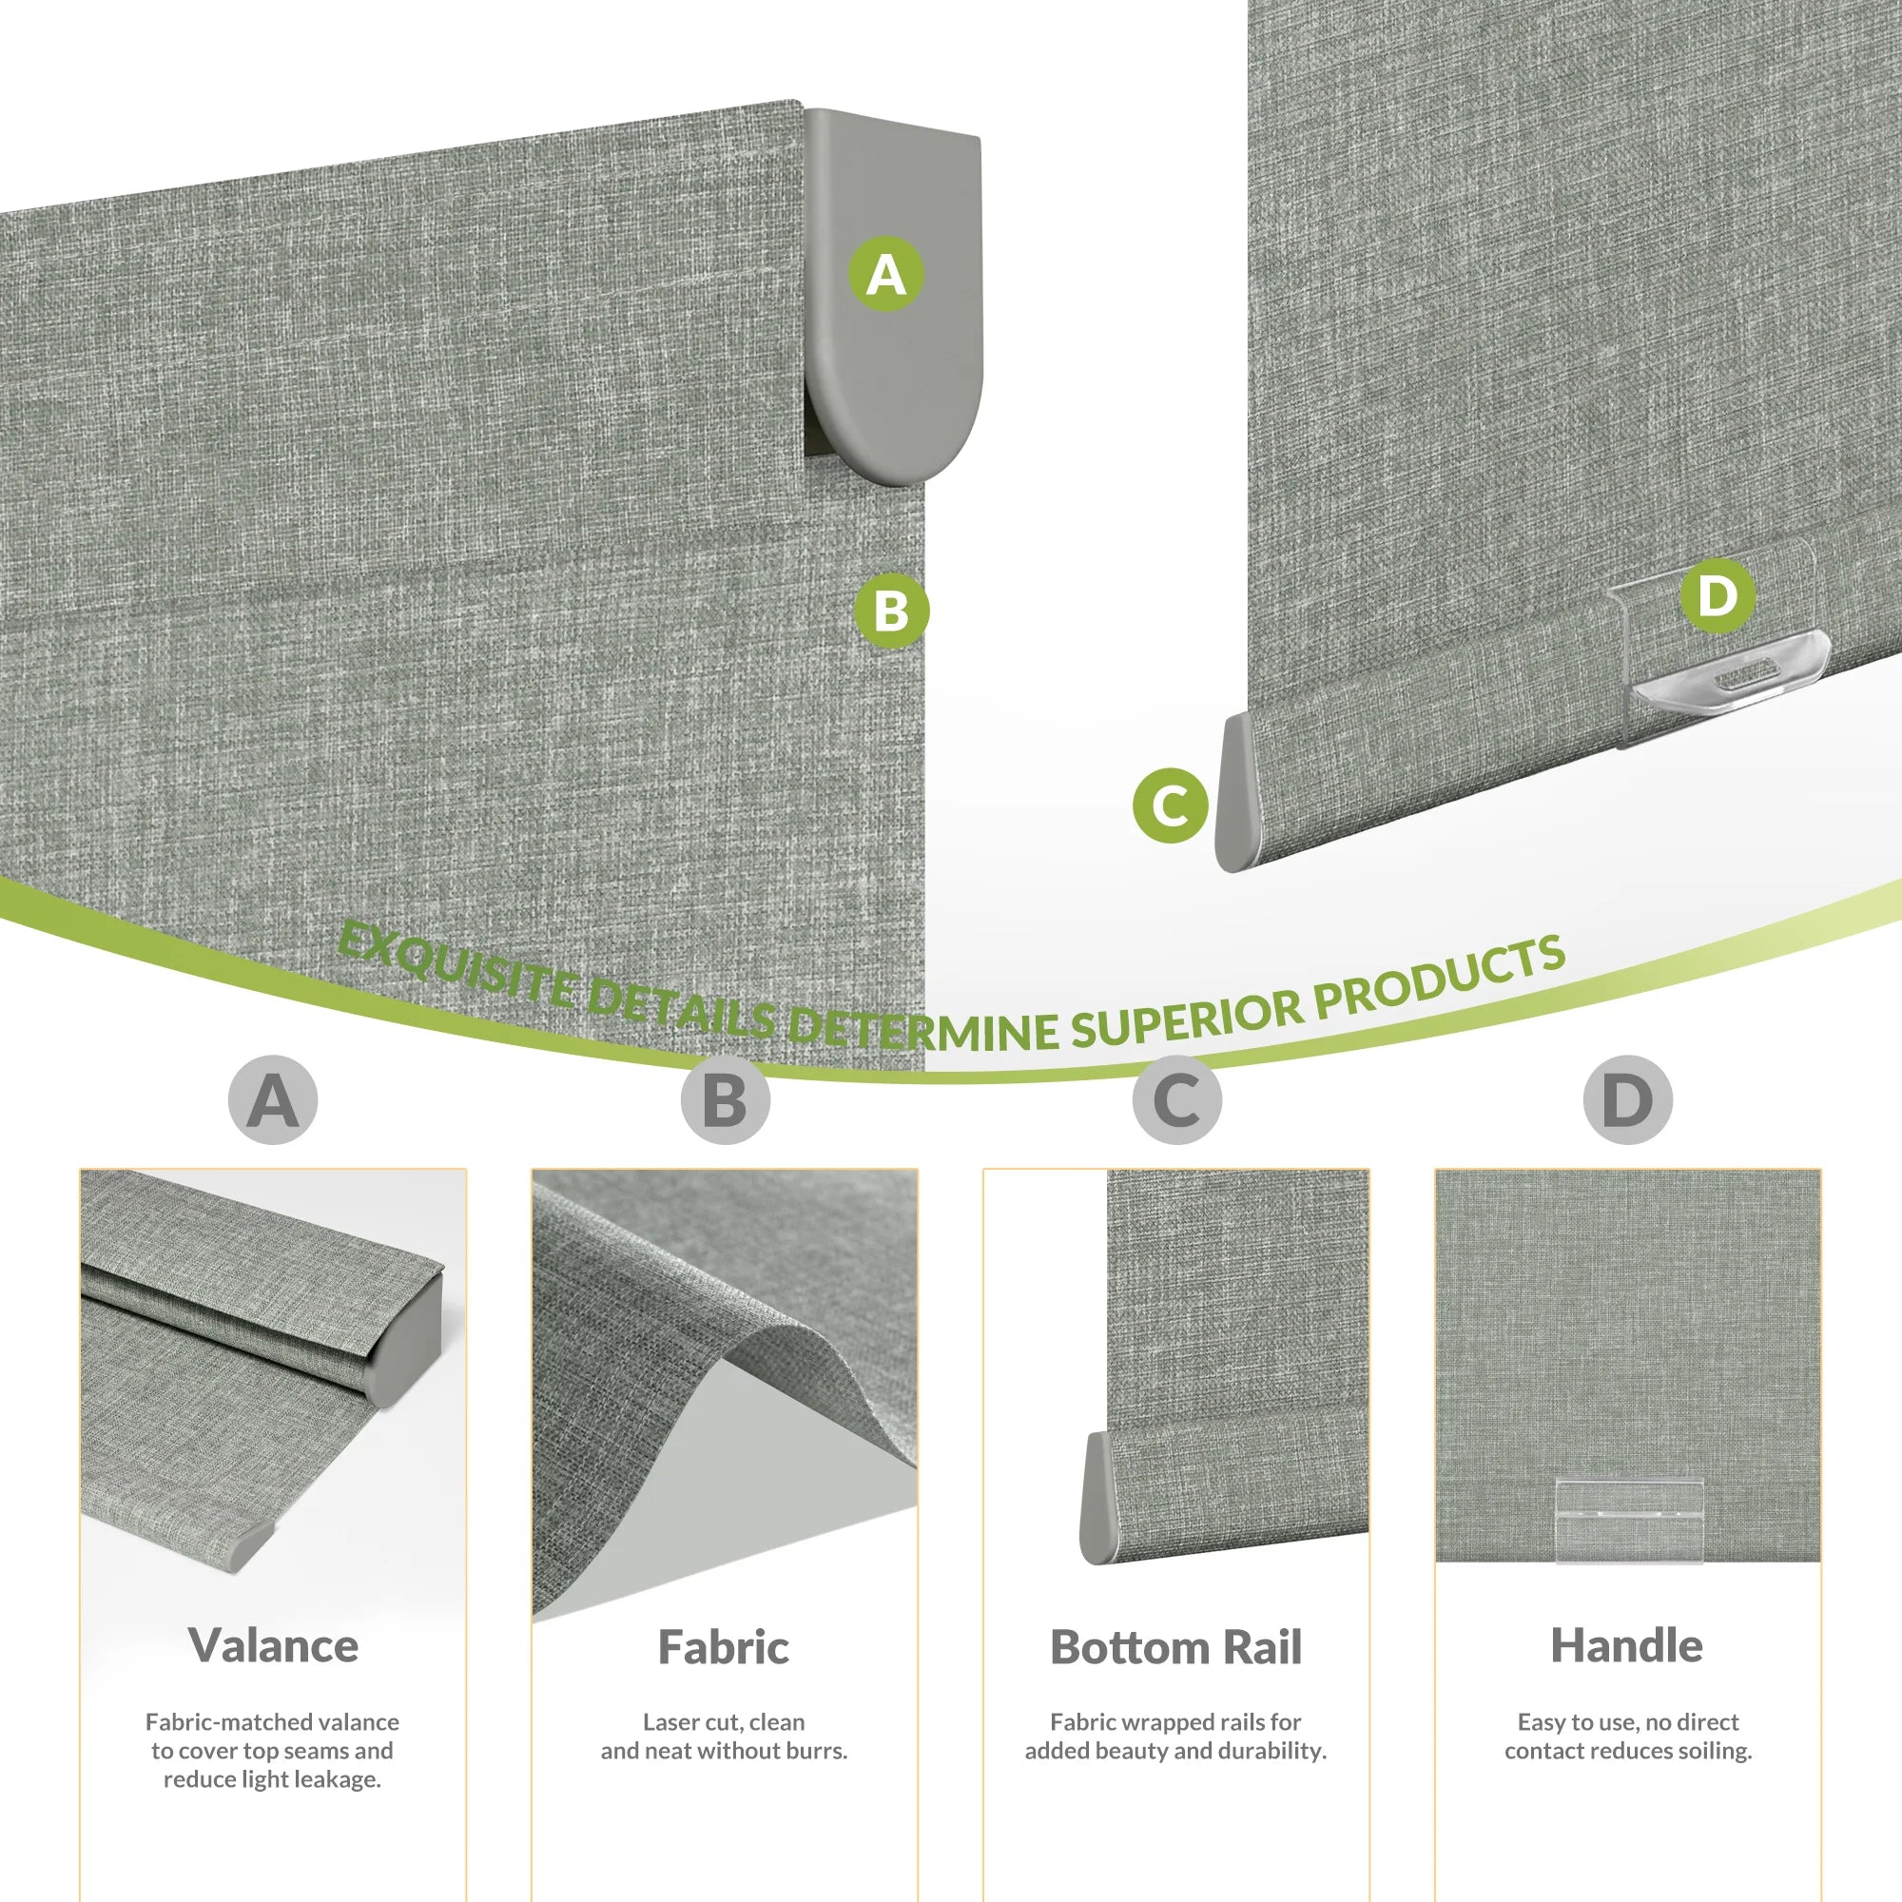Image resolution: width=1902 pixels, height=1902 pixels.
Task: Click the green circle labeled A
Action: click(x=886, y=274)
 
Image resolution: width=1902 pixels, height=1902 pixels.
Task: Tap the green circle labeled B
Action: click(x=891, y=611)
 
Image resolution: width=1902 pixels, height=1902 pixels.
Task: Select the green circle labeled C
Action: click(x=1171, y=805)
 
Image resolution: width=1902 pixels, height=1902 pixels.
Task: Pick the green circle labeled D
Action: click(x=1717, y=594)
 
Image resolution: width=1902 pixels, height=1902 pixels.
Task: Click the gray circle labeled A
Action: click(x=273, y=1099)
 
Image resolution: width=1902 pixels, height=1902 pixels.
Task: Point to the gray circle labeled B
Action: click(x=726, y=1099)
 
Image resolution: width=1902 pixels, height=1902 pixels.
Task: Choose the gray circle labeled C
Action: click(x=1177, y=1099)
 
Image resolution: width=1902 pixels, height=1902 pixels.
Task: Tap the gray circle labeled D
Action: click(x=1628, y=1099)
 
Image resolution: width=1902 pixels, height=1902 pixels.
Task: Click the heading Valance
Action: click(x=273, y=1646)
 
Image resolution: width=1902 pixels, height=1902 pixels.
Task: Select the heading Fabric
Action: click(x=724, y=1647)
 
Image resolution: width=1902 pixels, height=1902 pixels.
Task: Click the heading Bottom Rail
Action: click(x=1175, y=1647)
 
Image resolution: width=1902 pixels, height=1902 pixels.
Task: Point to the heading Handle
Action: click(x=1626, y=1645)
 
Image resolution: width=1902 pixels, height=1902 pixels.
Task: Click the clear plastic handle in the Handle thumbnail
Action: click(x=1628, y=1522)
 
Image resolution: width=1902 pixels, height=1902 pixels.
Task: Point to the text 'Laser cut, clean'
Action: click(x=724, y=1722)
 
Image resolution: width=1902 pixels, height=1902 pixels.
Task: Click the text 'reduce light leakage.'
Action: click(x=272, y=1779)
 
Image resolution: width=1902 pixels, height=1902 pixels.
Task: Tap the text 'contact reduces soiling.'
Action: click(x=1628, y=1751)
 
